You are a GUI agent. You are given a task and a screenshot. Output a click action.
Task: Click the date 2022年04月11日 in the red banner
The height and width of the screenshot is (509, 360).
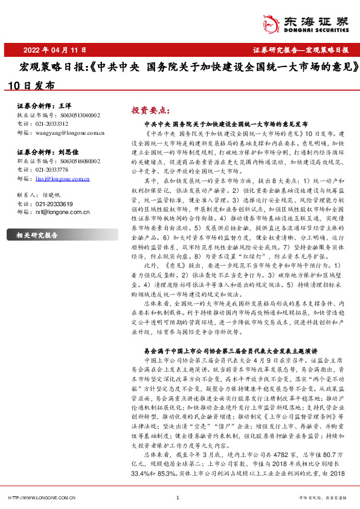pyautogui.click(x=50, y=50)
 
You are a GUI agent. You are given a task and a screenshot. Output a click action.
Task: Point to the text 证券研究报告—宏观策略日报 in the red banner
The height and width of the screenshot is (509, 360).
pyautogui.click(x=300, y=50)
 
